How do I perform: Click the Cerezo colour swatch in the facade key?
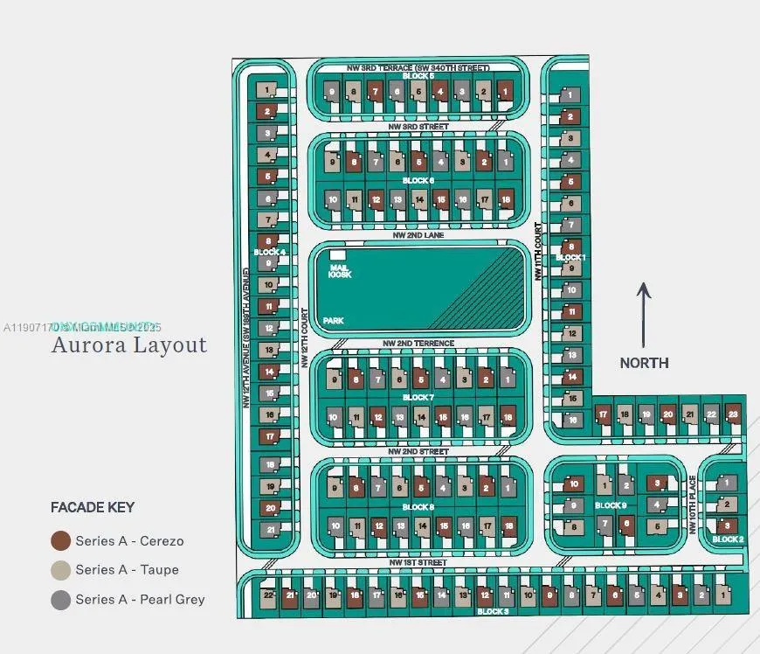[x=60, y=540]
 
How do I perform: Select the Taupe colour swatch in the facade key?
[x=60, y=570]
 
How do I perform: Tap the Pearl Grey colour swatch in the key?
[x=60, y=600]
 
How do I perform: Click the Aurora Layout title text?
[x=129, y=344]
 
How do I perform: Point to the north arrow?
[x=644, y=315]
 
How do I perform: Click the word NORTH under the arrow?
[x=644, y=363]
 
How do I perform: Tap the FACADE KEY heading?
[x=93, y=507]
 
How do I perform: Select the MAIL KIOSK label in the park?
[x=340, y=270]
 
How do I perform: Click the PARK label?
[x=333, y=321]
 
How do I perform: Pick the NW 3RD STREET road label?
[x=418, y=127]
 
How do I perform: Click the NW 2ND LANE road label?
[x=418, y=235]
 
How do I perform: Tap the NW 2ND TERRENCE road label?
[x=420, y=344]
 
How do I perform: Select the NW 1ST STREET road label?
[x=419, y=561]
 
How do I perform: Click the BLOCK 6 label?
[x=418, y=181]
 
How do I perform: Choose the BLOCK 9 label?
[x=611, y=505]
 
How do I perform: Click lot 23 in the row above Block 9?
[x=733, y=414]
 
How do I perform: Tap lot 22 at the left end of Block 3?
[x=268, y=595]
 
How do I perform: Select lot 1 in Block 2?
[x=726, y=484]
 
